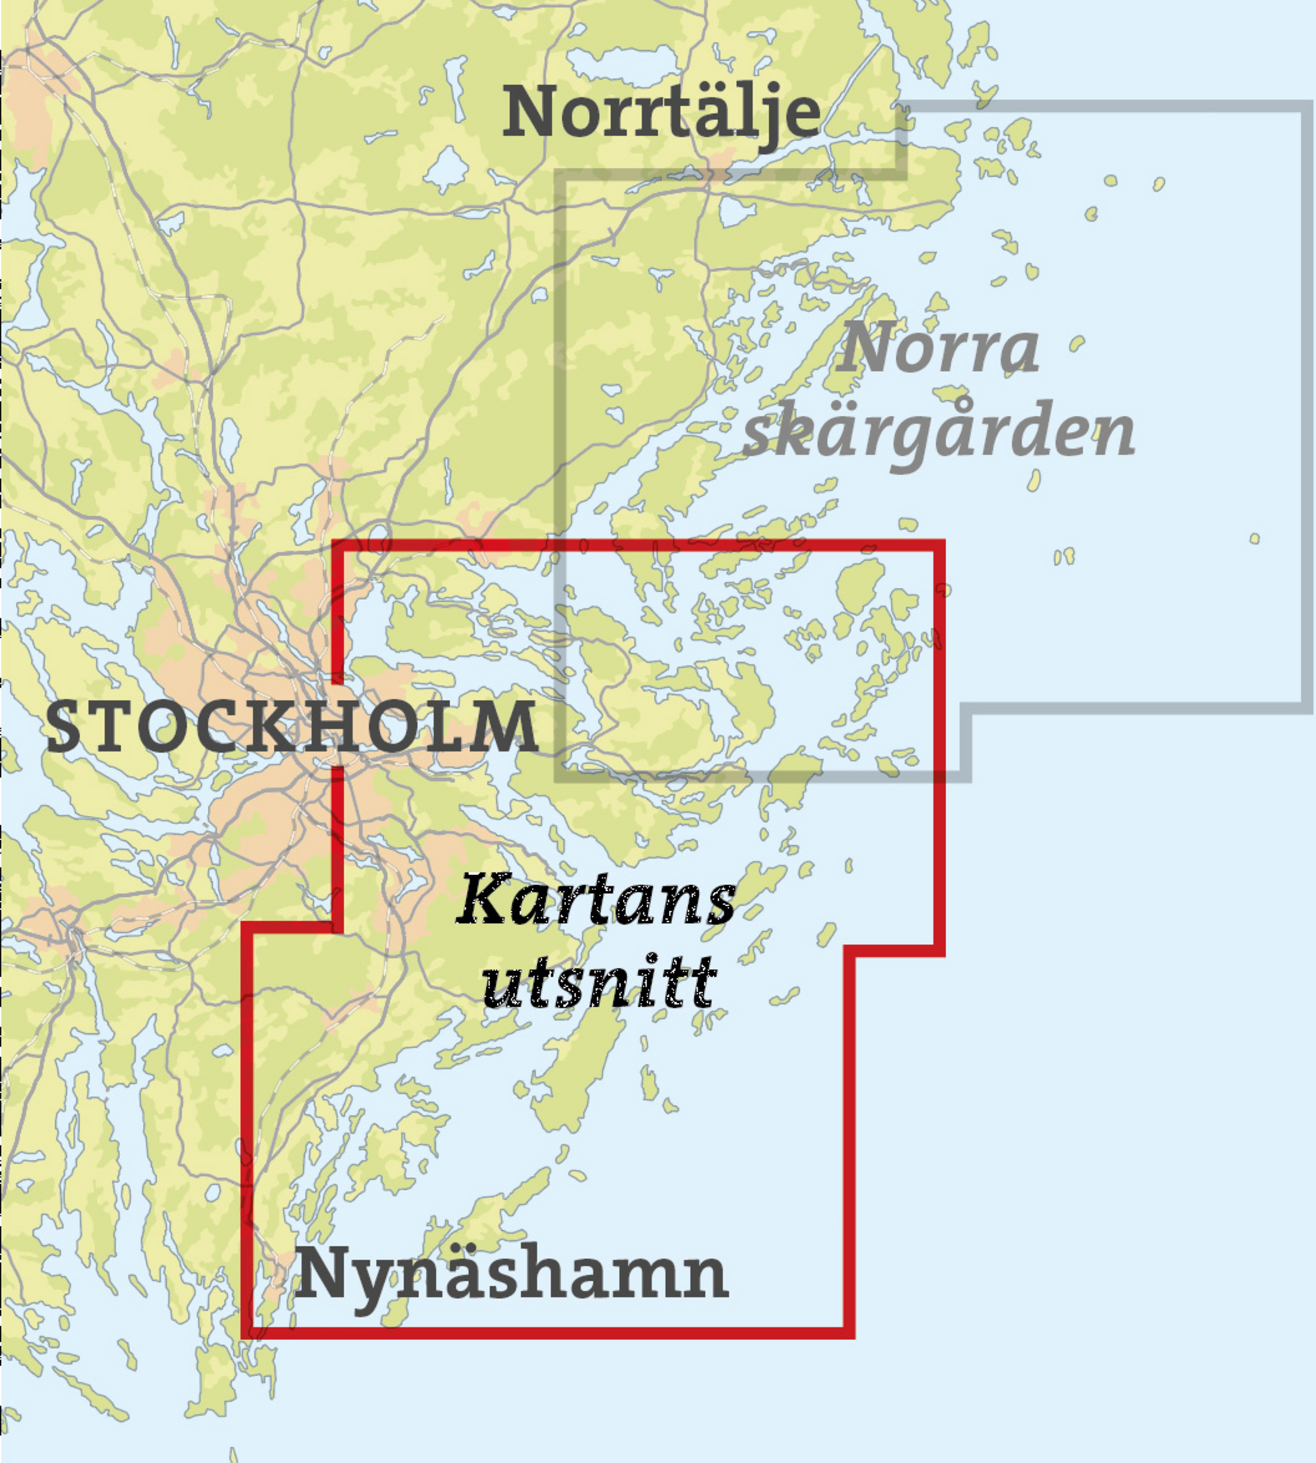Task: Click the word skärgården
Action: pyautogui.click(x=939, y=434)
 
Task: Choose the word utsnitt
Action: pyautogui.click(x=599, y=983)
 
